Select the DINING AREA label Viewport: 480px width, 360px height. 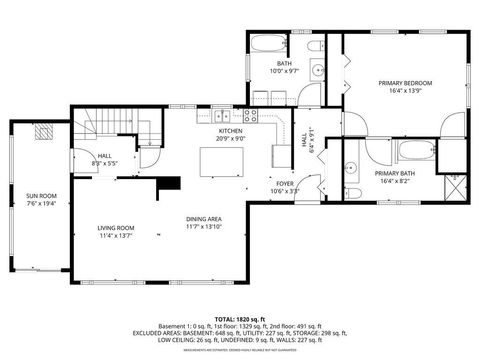[x=203, y=219]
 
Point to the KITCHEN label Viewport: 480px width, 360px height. [x=231, y=131]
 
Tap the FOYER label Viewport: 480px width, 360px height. [x=285, y=183]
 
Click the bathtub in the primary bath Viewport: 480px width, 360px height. [x=412, y=152]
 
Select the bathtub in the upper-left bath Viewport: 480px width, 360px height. [x=269, y=45]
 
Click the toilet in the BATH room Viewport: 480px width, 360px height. [x=312, y=47]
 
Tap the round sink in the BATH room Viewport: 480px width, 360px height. [x=316, y=73]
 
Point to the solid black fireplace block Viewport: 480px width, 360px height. [x=171, y=183]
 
